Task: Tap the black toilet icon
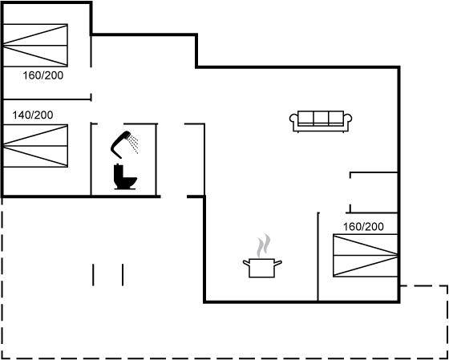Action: (125, 176)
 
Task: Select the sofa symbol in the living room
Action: (321, 121)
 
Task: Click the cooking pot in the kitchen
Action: (262, 268)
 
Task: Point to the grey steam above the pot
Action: (264, 245)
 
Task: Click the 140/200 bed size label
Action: (33, 115)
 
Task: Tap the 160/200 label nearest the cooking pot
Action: (363, 227)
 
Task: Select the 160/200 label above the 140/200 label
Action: (43, 75)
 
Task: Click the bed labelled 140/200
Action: (35, 146)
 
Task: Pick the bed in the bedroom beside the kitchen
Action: (366, 255)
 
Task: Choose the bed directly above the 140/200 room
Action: (35, 46)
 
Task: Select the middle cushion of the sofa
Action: (321, 118)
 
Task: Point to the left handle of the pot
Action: (246, 262)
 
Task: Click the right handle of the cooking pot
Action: (278, 262)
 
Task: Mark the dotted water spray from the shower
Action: (133, 144)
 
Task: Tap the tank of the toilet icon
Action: (118, 172)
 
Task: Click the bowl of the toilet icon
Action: (129, 182)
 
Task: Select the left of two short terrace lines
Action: (93, 275)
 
